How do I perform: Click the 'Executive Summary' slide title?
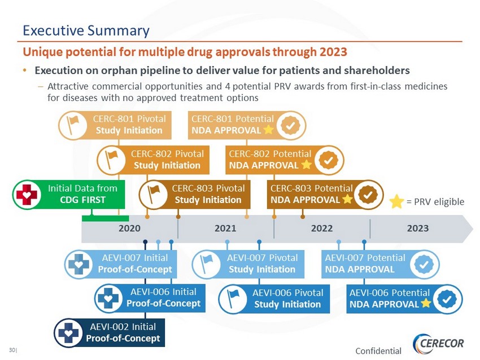[x=85, y=30]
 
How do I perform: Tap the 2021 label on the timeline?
[x=225, y=229]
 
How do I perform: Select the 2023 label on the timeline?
[x=417, y=229]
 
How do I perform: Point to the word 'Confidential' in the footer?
[x=378, y=351]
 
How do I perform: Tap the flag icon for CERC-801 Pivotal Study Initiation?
[x=73, y=125]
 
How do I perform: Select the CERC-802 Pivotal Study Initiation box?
[x=167, y=160]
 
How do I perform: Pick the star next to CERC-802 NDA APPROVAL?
[x=306, y=165]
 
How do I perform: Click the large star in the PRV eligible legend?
[x=397, y=201]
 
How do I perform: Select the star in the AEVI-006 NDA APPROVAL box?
[x=426, y=304]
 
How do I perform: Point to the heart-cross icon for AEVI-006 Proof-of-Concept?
[x=109, y=298]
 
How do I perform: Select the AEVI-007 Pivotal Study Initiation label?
[x=261, y=264]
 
